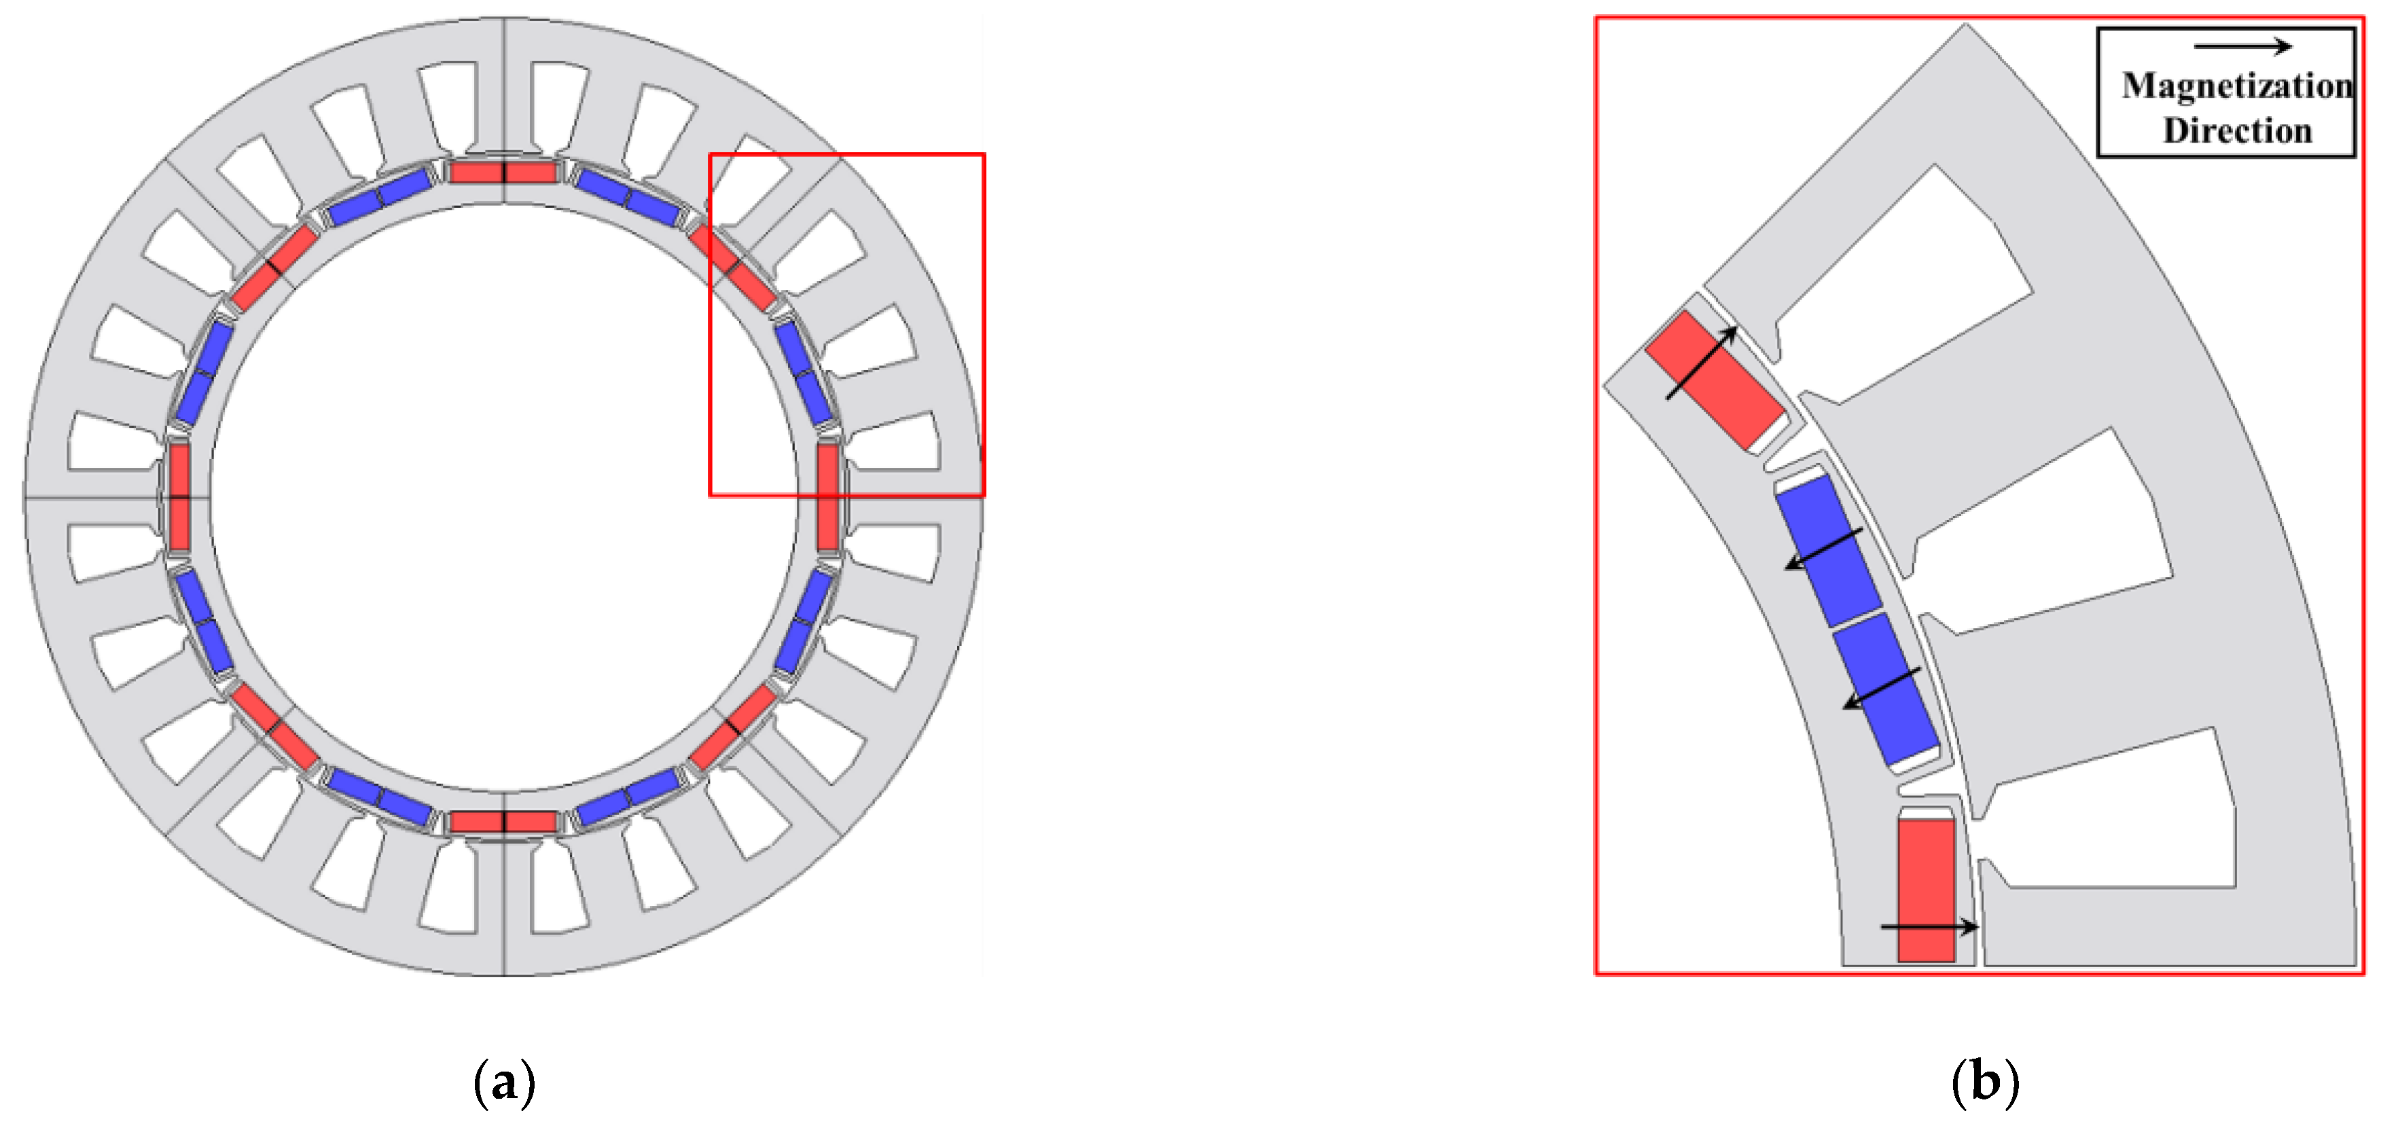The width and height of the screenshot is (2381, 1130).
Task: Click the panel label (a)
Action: (504, 1080)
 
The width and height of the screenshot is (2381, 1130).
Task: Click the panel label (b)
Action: (1984, 1080)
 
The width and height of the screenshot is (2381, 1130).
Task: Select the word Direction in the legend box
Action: (2237, 130)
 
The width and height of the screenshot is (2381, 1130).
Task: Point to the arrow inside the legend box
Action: (2242, 46)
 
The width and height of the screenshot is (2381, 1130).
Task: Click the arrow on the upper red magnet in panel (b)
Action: (1701, 363)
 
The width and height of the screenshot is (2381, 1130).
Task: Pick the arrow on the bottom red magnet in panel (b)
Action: (1929, 926)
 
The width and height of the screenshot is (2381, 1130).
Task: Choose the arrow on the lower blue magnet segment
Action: (1882, 689)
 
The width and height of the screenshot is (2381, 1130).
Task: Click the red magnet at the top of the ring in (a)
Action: (504, 172)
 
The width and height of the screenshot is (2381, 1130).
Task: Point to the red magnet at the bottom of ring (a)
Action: (504, 822)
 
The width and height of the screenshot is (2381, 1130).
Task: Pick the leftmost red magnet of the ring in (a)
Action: (179, 497)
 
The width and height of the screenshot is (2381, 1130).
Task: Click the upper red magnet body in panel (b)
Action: (1715, 379)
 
